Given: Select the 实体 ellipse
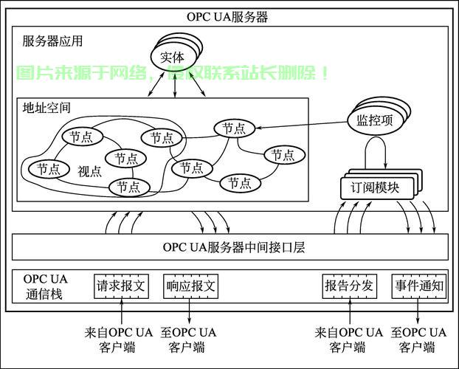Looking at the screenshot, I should pos(174,57).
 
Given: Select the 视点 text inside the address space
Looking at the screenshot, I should pos(90,171).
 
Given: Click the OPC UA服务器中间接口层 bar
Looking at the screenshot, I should pos(229,246).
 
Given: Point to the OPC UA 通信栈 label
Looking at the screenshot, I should pos(46,286).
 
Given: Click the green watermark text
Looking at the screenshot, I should pos(173,73).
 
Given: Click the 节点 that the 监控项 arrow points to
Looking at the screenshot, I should pos(234,128).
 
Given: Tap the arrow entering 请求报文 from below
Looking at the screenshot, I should pos(121,311).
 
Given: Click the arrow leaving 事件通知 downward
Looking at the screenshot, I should pos(418,311).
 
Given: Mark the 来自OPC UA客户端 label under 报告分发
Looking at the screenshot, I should pos(349,339).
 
